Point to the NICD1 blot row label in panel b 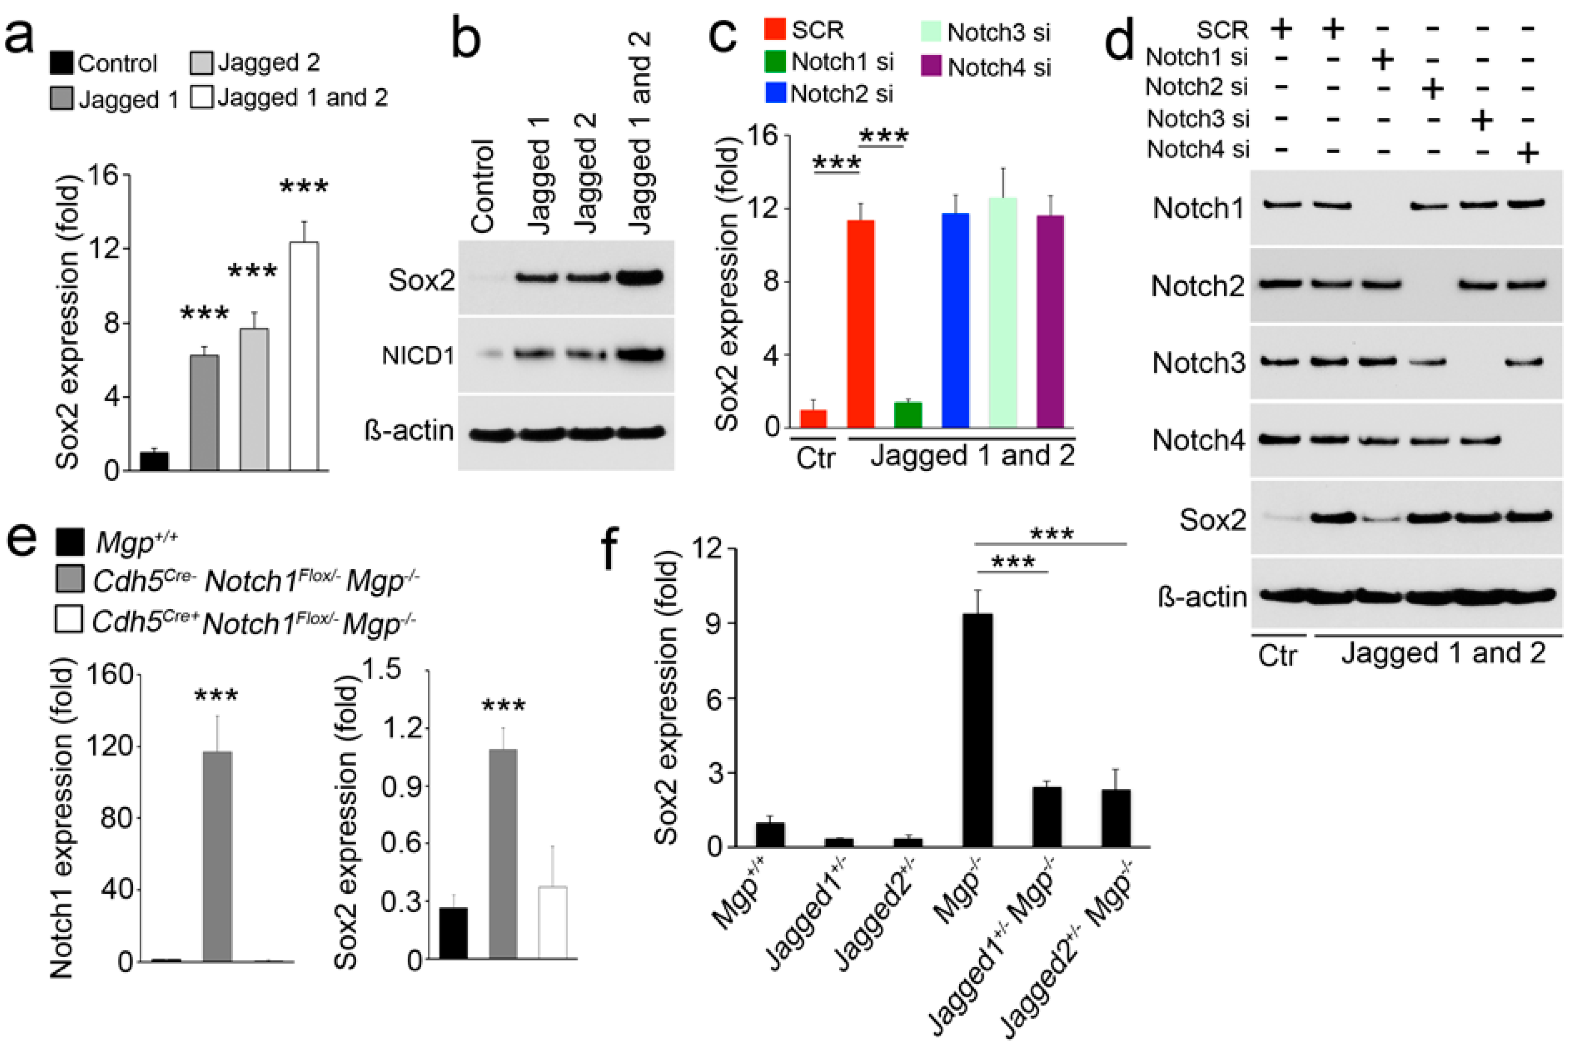417,356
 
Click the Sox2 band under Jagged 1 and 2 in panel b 640,277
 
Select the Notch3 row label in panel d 1198,363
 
